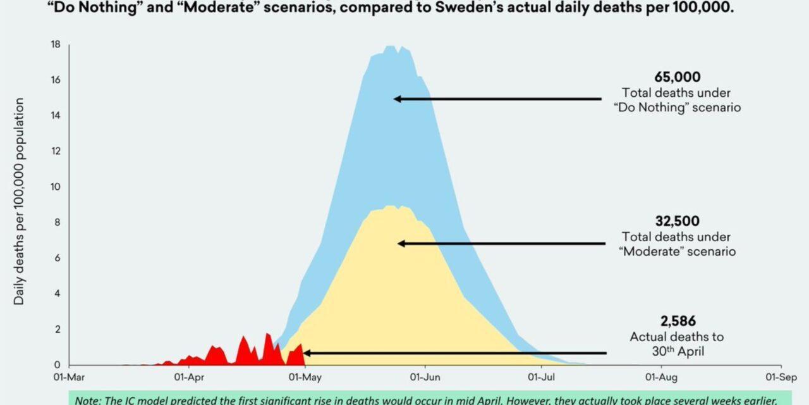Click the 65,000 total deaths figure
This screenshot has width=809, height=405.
coord(677,77)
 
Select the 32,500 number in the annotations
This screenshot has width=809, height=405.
coord(677,221)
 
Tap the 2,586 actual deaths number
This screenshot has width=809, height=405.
coord(677,321)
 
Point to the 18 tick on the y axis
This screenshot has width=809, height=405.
coord(56,44)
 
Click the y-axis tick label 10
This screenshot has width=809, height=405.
coord(56,187)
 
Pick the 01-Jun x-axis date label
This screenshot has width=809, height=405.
coord(425,378)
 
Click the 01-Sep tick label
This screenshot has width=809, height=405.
coord(780,378)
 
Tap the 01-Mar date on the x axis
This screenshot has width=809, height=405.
coord(69,378)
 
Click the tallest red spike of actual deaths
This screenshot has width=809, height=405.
coord(267,334)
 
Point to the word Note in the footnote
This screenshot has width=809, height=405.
coord(86,399)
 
